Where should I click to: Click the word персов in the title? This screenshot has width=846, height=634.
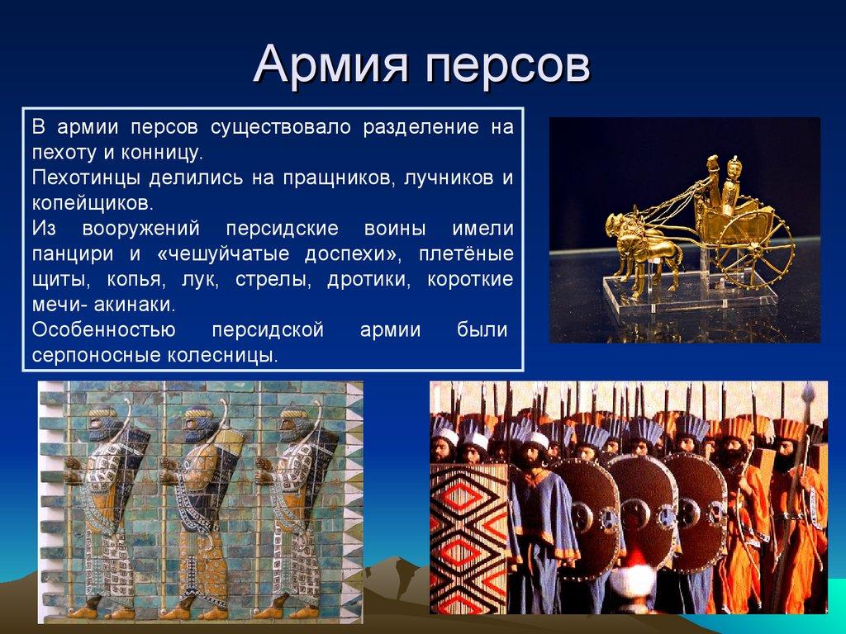tap(507, 65)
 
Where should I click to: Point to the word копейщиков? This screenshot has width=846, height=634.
tap(93, 203)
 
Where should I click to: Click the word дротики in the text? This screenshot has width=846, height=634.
tap(369, 279)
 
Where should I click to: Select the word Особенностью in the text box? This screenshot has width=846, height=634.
tap(103, 329)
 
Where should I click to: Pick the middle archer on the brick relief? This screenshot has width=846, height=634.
tap(199, 504)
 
